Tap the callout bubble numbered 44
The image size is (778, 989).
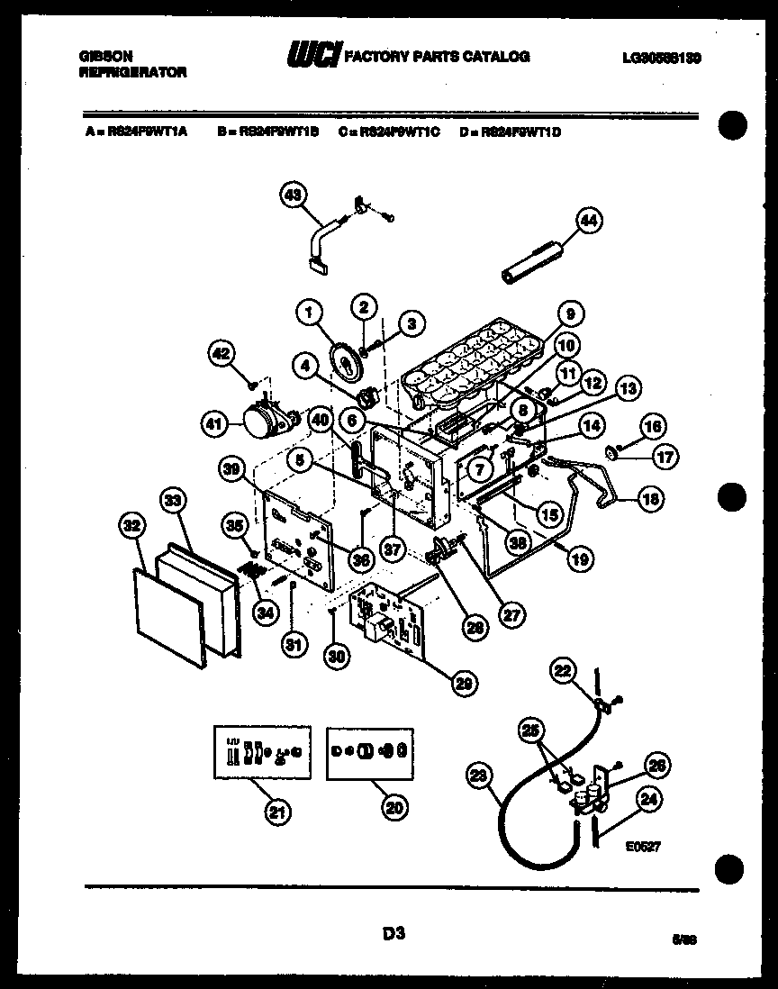click(x=591, y=220)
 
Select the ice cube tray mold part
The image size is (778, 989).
click(x=473, y=365)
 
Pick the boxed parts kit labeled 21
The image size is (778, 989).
click(x=260, y=752)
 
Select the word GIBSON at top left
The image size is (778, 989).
click(x=102, y=57)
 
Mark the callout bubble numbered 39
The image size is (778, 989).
click(x=233, y=467)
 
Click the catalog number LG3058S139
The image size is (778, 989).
click(x=661, y=57)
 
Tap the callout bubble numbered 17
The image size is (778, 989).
click(x=665, y=457)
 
